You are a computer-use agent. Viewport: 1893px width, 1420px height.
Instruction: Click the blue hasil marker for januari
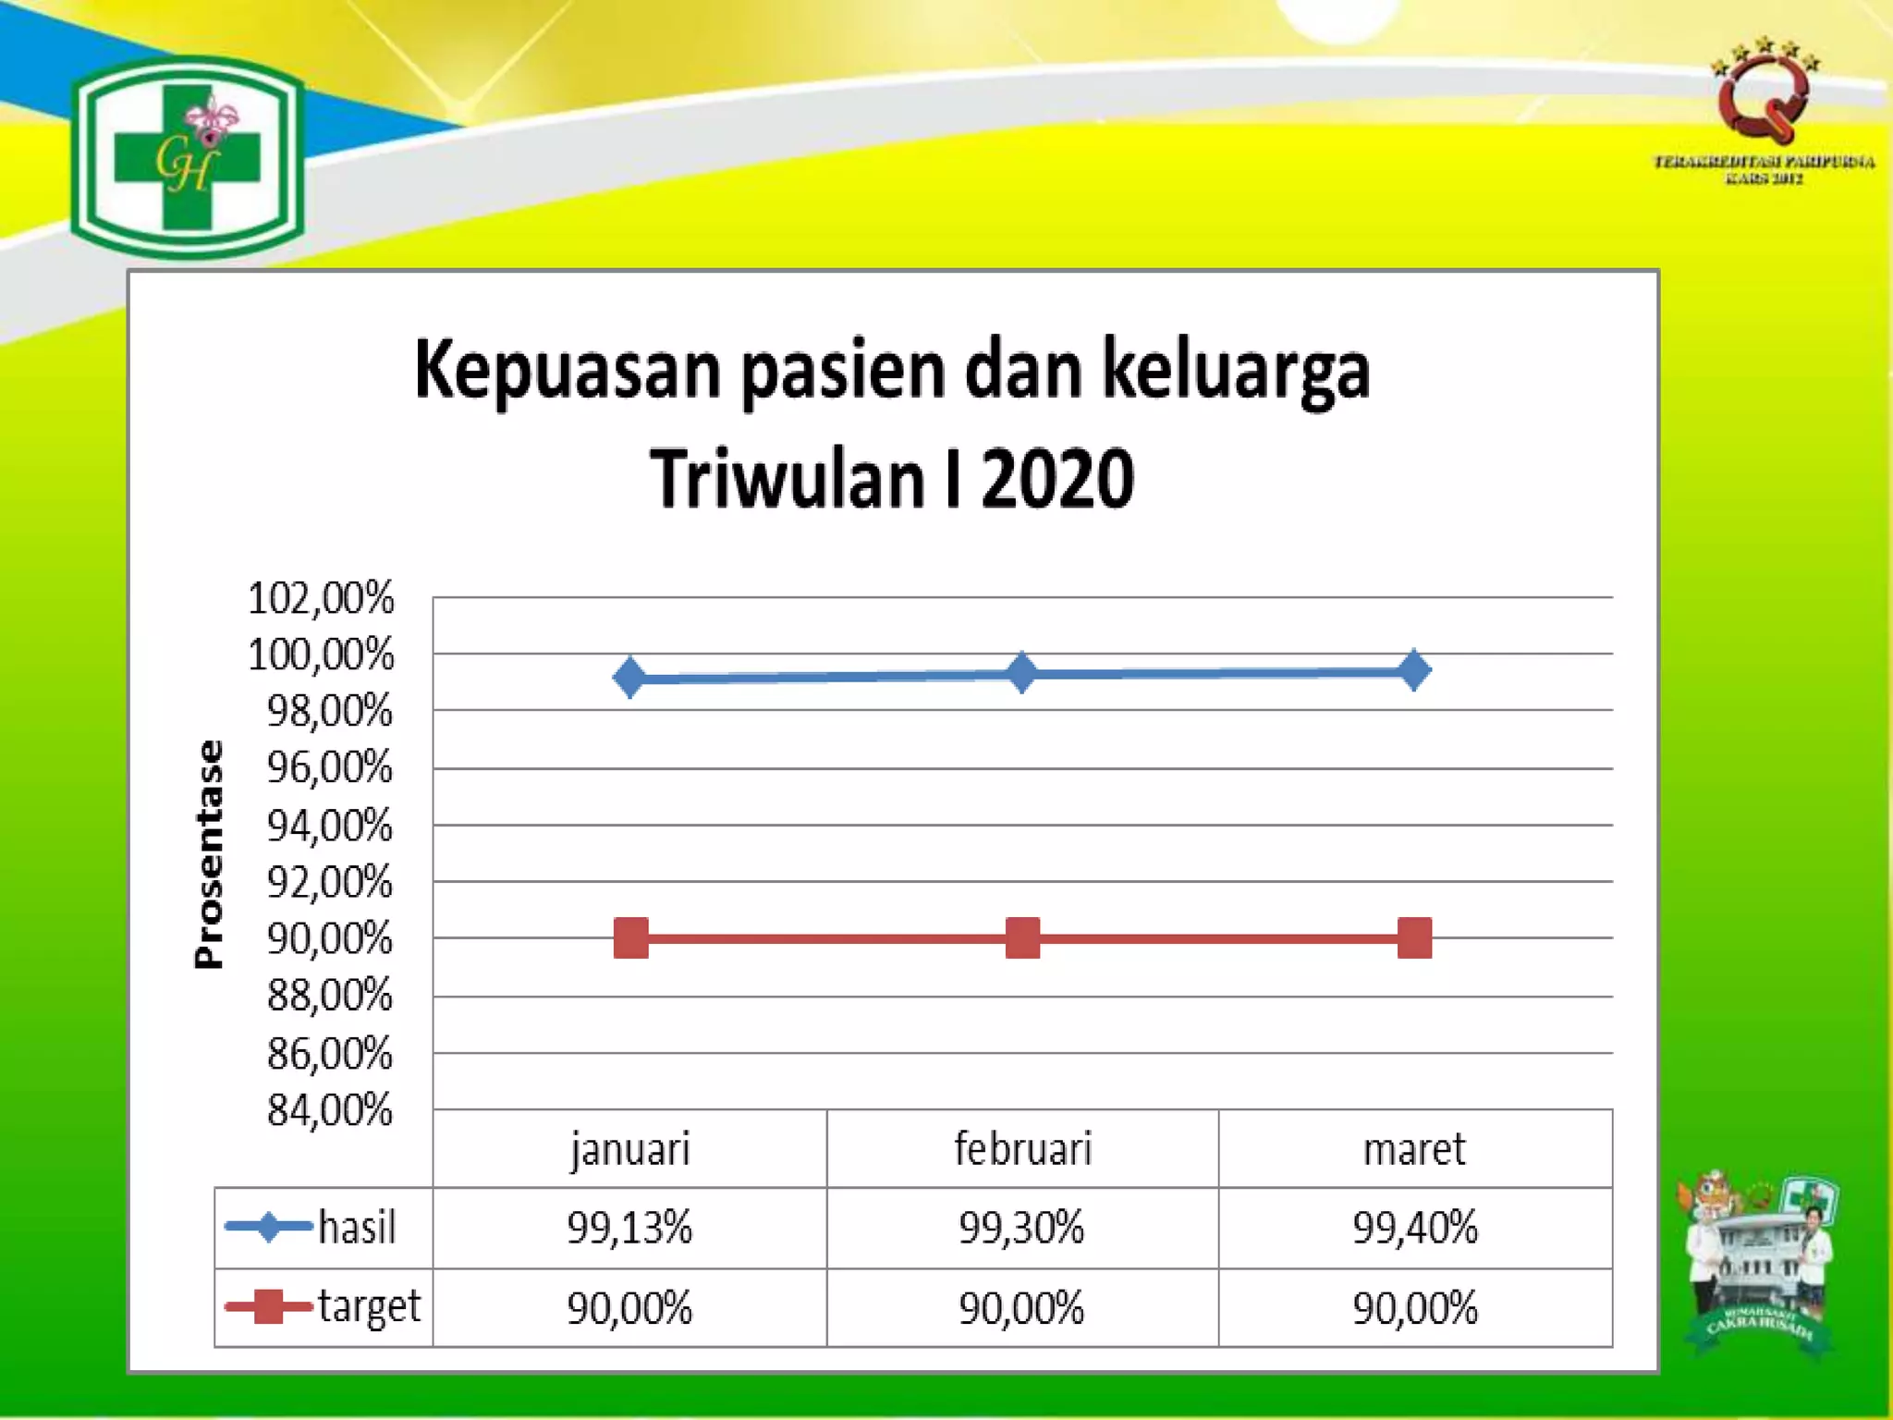coord(629,678)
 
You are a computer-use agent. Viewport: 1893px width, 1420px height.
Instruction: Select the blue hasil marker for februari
coord(1021,672)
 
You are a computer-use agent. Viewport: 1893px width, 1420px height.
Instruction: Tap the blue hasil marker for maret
coord(1414,669)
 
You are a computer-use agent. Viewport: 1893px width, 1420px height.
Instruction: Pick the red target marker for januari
coord(630,937)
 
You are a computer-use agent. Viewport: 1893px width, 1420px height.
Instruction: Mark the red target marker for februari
coord(1022,937)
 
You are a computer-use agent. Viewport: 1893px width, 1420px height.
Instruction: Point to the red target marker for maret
coord(1414,937)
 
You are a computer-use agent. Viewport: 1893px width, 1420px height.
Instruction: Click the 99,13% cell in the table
coord(629,1228)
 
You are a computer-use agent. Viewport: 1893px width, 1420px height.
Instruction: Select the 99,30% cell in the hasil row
coord(1021,1228)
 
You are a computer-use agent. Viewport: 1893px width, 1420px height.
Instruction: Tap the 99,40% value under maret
coord(1415,1228)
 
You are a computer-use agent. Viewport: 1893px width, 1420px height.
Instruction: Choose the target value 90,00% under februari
coord(1021,1308)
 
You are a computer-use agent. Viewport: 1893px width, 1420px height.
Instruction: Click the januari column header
coord(629,1149)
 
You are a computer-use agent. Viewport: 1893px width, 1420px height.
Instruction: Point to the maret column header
coord(1415,1149)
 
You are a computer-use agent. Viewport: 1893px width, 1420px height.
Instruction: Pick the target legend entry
coord(324,1306)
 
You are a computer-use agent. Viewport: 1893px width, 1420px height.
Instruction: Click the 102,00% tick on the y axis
coord(321,598)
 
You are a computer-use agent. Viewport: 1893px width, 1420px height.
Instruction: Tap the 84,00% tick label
coord(330,1110)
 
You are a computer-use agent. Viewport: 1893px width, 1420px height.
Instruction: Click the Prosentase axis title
coord(210,854)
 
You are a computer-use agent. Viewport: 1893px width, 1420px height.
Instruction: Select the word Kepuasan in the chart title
coord(567,371)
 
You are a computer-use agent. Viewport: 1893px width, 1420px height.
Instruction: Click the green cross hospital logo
coord(188,157)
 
